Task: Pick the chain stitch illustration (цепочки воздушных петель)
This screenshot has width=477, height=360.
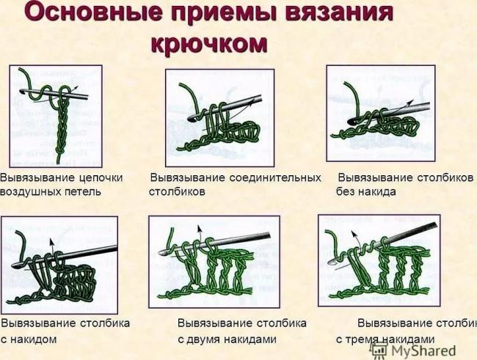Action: pyautogui.click(x=56, y=114)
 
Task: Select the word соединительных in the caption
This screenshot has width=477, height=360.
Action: pyautogui.click(x=274, y=178)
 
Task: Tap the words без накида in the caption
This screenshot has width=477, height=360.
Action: pyautogui.click(x=366, y=192)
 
